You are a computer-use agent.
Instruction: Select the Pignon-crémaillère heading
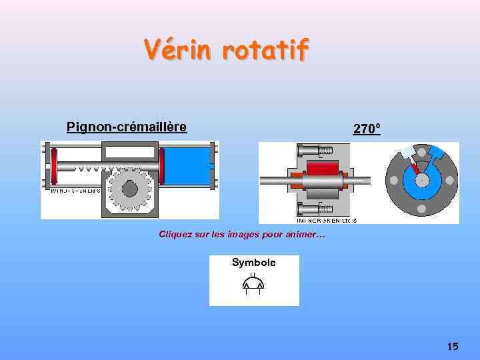[x=126, y=126]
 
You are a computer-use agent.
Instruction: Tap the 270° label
[x=367, y=129]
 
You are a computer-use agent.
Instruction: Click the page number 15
[x=453, y=346]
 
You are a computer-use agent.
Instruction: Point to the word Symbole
[x=253, y=263]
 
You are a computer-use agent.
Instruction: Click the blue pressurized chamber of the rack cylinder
[x=187, y=166]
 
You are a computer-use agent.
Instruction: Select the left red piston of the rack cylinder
[x=54, y=167]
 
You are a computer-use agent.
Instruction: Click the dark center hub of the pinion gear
[x=129, y=189]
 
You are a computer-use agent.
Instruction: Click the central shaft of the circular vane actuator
[x=421, y=179]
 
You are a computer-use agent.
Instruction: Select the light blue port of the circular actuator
[x=407, y=153]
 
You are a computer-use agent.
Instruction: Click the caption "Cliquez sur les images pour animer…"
[x=241, y=234]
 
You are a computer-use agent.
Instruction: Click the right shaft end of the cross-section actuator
[x=363, y=179]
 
